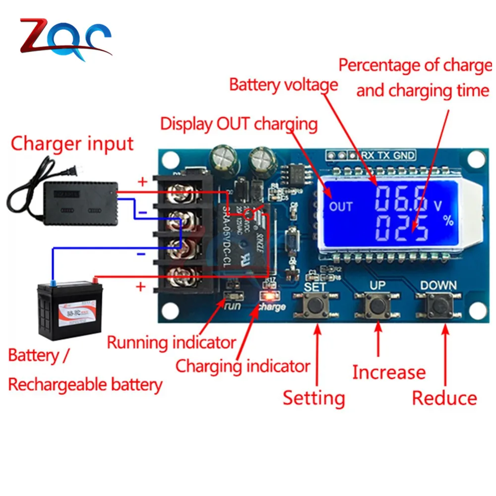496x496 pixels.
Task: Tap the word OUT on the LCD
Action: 341,206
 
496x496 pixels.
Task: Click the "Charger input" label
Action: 72,144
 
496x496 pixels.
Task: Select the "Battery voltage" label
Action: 283,85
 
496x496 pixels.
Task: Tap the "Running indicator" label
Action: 172,342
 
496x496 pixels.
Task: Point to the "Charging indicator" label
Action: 243,367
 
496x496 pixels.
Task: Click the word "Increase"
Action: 389,372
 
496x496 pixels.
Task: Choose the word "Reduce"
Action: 444,398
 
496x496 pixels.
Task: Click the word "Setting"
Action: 313,398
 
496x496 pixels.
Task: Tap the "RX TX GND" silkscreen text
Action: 388,155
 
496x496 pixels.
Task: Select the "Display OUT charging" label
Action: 239,124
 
